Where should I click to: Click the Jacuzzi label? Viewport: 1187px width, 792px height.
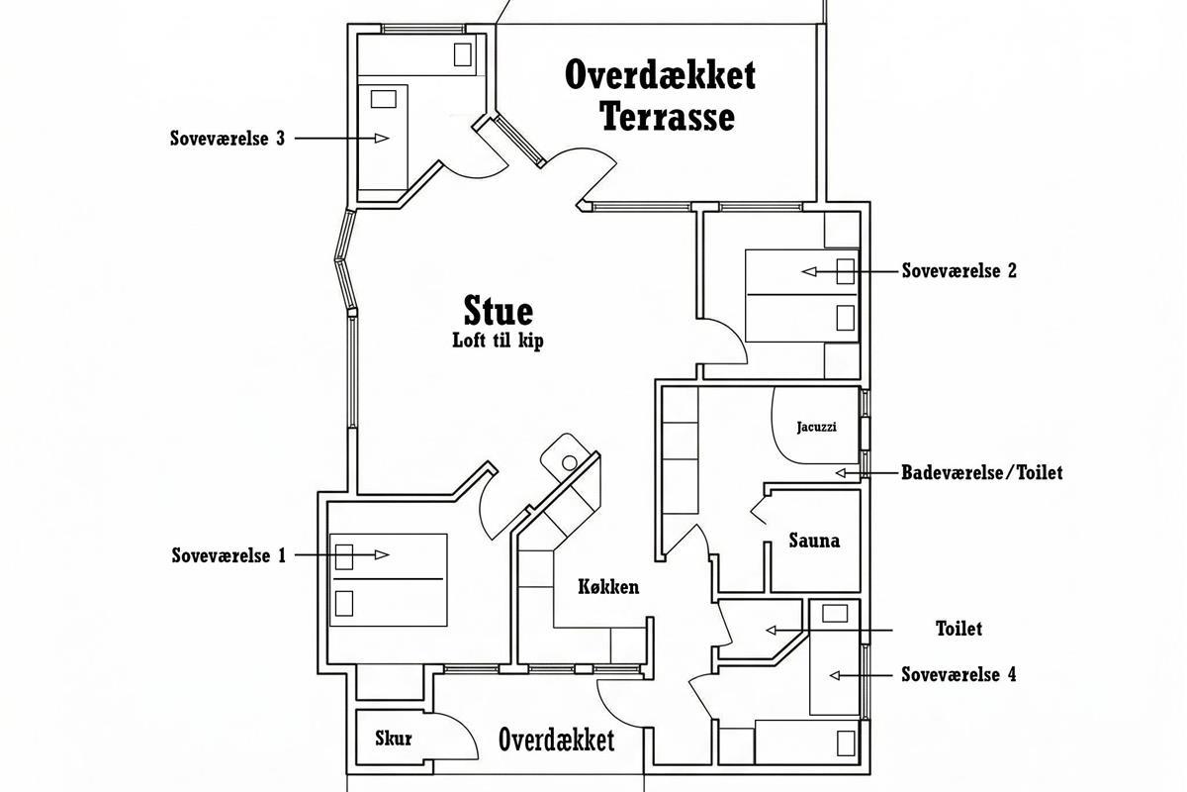(x=817, y=427)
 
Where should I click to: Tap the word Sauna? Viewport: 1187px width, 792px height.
(x=814, y=541)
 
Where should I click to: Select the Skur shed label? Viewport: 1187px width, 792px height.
(x=394, y=738)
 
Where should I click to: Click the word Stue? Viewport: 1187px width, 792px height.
(x=499, y=311)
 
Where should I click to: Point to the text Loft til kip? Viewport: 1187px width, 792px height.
(x=499, y=341)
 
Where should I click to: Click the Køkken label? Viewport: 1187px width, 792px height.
(x=608, y=587)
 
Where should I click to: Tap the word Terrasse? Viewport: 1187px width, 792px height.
(x=669, y=117)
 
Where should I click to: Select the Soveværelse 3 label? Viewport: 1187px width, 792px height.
(x=228, y=138)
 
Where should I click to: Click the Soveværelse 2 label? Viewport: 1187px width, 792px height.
(x=959, y=270)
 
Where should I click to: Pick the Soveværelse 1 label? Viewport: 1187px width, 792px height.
(x=228, y=555)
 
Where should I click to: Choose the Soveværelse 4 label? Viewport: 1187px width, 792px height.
(x=959, y=675)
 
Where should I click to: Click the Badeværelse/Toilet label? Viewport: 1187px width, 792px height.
(x=982, y=472)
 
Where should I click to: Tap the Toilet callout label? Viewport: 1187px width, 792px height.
(x=959, y=629)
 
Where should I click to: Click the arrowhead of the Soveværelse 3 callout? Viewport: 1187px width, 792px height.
(x=382, y=138)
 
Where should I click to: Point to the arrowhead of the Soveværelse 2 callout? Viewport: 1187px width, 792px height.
(x=809, y=271)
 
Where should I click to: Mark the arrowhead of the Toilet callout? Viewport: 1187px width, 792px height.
(x=771, y=631)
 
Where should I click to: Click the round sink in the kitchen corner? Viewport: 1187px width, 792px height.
(x=569, y=463)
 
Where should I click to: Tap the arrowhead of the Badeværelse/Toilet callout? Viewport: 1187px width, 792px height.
(x=841, y=472)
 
